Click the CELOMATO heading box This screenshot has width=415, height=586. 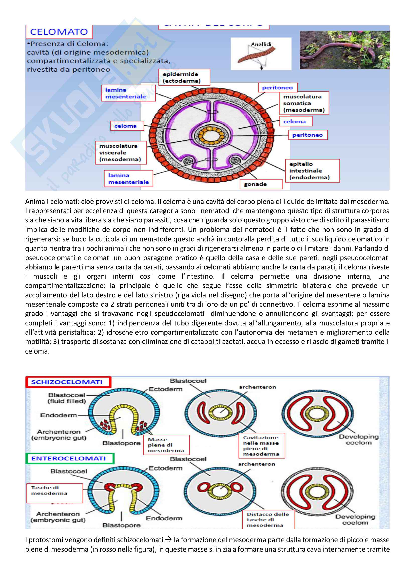(x=59, y=32)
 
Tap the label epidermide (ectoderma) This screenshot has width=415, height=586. (x=184, y=77)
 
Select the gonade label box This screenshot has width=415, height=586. (x=261, y=184)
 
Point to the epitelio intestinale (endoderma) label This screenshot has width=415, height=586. (x=312, y=171)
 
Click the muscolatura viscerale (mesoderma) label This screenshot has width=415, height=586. (x=121, y=153)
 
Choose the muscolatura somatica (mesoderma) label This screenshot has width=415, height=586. (x=304, y=103)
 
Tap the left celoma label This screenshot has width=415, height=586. (x=127, y=126)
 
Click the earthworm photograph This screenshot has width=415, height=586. (x=344, y=50)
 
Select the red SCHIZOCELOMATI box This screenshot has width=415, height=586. (x=68, y=382)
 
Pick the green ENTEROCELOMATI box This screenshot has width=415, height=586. (x=70, y=458)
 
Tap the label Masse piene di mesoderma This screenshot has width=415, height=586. (x=166, y=445)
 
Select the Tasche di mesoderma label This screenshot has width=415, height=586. (x=54, y=493)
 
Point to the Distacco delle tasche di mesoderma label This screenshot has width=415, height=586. (x=268, y=520)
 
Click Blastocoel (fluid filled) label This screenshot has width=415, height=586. (x=66, y=398)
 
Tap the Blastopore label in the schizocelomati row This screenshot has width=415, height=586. (x=121, y=443)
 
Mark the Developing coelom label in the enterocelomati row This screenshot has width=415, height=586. (x=355, y=519)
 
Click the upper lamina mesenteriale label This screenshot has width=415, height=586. (x=128, y=93)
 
